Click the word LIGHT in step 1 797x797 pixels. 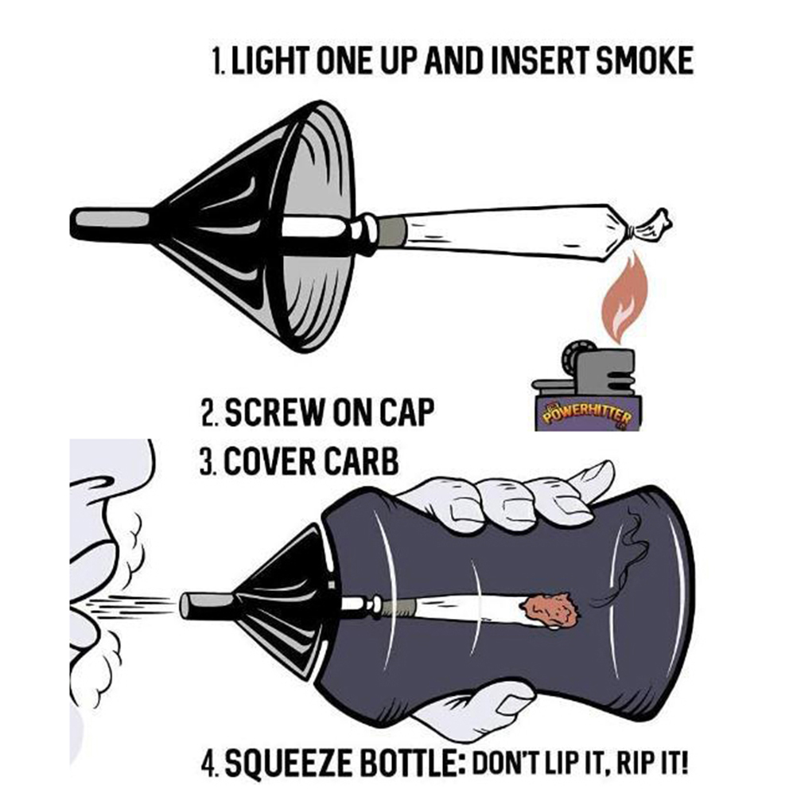(270, 60)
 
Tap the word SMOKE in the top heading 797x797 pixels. (644, 60)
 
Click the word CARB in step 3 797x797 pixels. (361, 461)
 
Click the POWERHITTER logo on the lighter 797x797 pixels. (587, 412)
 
